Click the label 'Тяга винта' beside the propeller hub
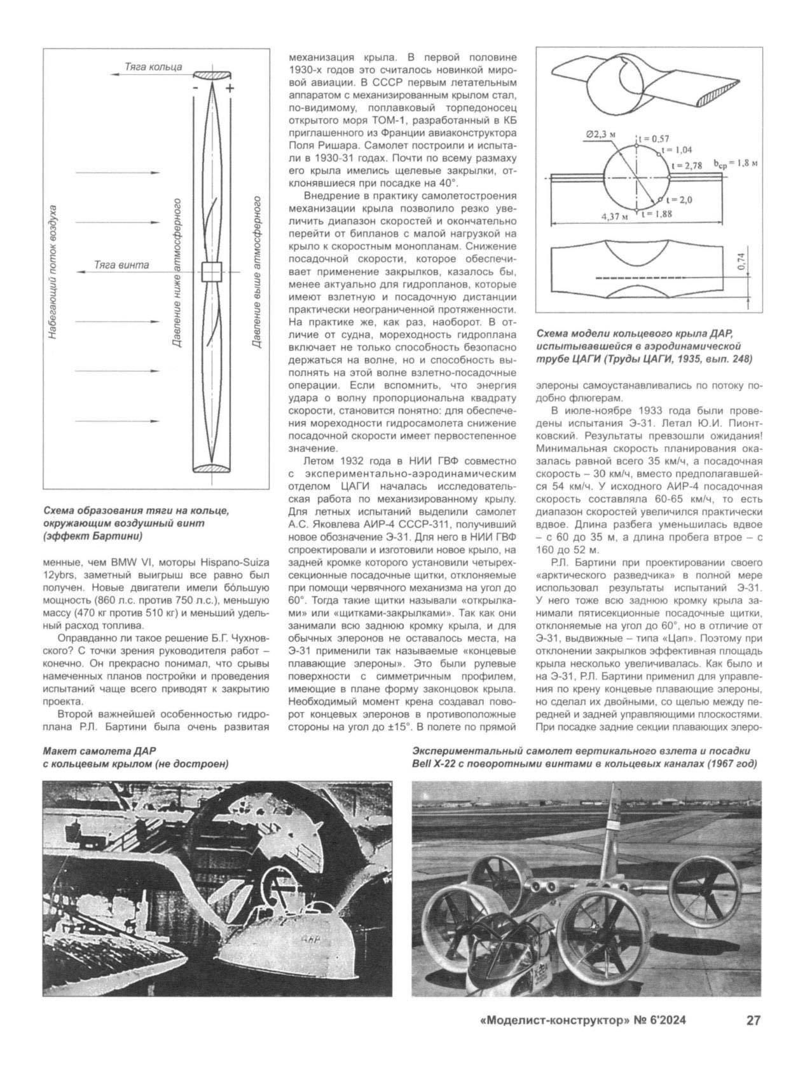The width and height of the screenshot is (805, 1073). [121, 264]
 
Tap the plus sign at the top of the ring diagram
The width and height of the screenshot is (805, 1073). [229, 88]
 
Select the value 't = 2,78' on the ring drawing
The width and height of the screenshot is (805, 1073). [685, 165]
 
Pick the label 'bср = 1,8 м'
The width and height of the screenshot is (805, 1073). [738, 163]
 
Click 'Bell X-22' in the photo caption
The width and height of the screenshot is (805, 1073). [438, 763]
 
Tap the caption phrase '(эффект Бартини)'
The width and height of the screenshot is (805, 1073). [92, 536]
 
